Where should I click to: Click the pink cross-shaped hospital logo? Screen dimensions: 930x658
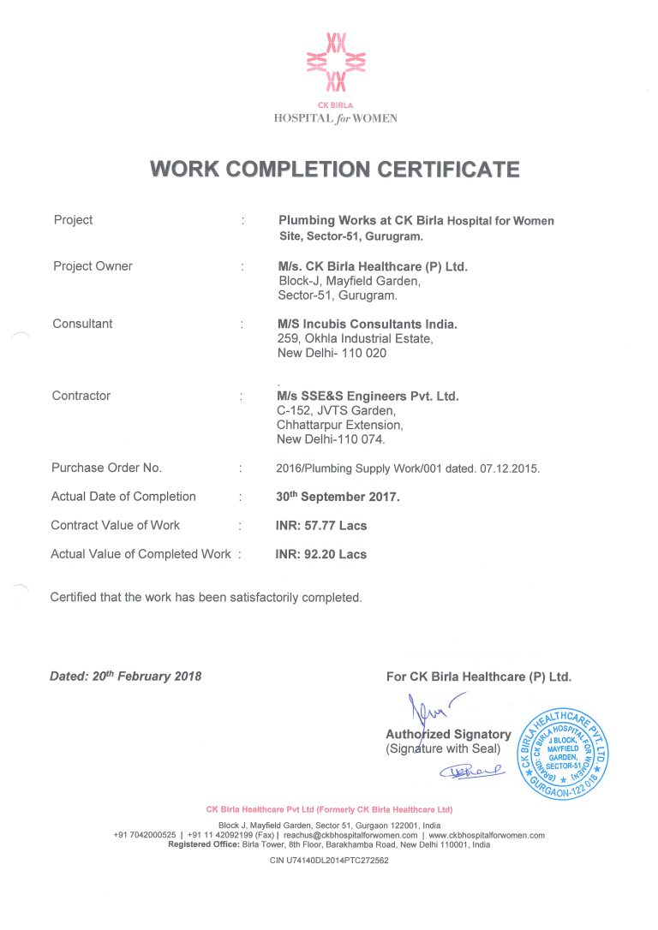(x=336, y=62)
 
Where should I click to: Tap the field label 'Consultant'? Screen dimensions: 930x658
(x=82, y=324)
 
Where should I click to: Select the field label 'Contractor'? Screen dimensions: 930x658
(x=81, y=396)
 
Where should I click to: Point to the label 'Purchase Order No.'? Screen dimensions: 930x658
(x=106, y=468)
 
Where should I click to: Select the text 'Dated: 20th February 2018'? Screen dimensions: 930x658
(x=126, y=676)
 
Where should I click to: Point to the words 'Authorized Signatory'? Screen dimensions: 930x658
(x=448, y=734)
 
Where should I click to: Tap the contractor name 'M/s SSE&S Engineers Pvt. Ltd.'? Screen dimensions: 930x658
(x=368, y=396)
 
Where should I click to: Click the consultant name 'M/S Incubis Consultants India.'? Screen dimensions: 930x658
(x=368, y=324)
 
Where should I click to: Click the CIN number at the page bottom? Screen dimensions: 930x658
(x=329, y=861)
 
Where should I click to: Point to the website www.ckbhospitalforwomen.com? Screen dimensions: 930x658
(x=487, y=835)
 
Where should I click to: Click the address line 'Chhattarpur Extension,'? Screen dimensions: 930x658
(x=339, y=425)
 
